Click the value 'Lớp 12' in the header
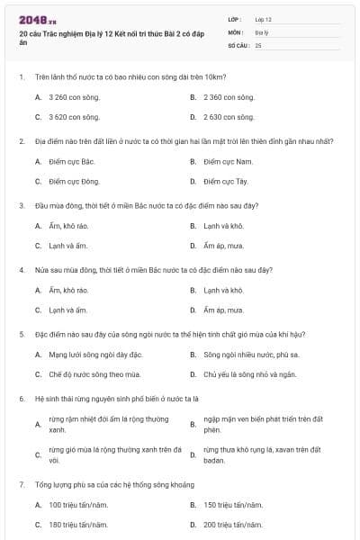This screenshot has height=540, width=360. (264, 19)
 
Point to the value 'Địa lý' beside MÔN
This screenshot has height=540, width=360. (262, 31)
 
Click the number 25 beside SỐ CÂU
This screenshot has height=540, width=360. (258, 44)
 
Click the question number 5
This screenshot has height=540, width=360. (21, 334)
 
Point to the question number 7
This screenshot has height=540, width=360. (21, 484)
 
